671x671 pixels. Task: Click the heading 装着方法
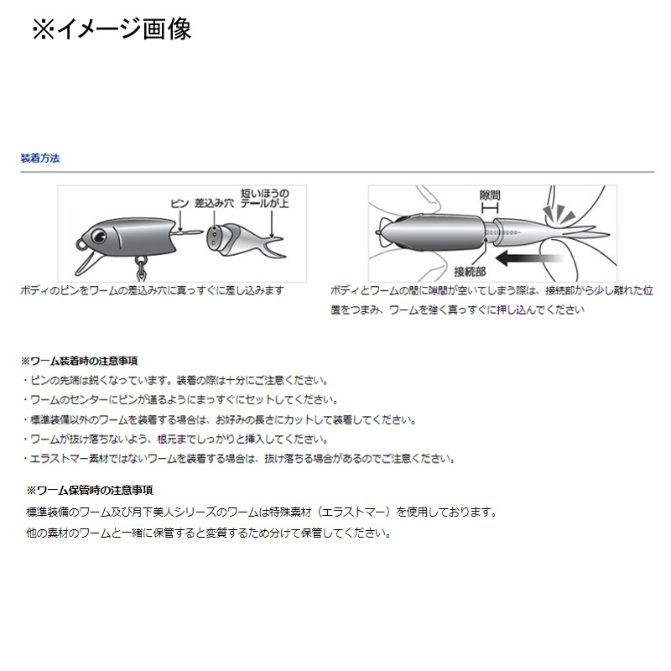point(40,159)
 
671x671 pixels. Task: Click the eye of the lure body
point(99,235)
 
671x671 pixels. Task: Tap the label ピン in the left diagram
point(179,203)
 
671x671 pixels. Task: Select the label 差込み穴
point(214,203)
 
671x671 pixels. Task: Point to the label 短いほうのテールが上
point(264,198)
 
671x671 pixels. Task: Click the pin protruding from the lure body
point(188,232)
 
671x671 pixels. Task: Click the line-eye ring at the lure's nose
point(80,244)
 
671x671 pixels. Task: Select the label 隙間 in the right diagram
point(490,195)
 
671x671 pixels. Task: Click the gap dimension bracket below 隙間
point(490,208)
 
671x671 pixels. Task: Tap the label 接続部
point(470,271)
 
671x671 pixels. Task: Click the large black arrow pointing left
point(528,258)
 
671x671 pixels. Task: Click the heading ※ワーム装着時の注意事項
point(79,362)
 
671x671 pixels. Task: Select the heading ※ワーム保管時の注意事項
point(90,491)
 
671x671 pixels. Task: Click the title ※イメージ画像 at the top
point(112,29)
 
